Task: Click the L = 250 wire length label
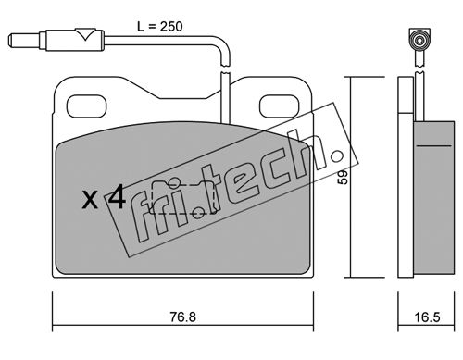[x=160, y=27]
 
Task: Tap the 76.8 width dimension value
[x=183, y=317]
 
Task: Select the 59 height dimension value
[x=343, y=178]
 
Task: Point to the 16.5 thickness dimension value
[x=427, y=317]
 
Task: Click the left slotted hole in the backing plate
[x=87, y=106]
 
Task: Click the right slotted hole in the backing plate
[x=280, y=106]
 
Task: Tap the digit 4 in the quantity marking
[x=117, y=196]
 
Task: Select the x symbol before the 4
[x=91, y=200]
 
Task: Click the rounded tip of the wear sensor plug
[x=11, y=41]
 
